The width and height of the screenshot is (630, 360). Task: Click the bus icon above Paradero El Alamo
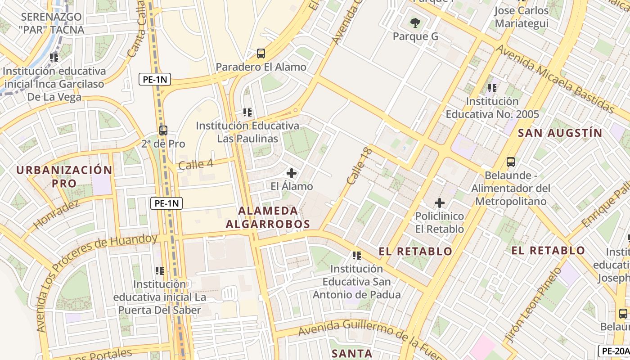(x=261, y=54)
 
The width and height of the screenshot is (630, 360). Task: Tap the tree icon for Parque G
(x=415, y=22)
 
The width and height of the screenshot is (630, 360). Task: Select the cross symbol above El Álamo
(x=292, y=173)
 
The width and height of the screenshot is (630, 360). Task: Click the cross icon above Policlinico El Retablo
(x=440, y=203)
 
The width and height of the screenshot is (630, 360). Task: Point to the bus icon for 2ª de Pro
(x=163, y=130)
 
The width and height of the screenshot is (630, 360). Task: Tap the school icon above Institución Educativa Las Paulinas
(x=247, y=112)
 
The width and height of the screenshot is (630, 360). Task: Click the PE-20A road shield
(x=614, y=351)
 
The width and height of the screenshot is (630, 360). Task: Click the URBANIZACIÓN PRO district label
(x=64, y=176)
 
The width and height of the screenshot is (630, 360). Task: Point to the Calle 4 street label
(x=196, y=164)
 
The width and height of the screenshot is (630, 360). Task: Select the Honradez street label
(x=56, y=213)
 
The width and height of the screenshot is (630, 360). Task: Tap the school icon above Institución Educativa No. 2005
(x=492, y=88)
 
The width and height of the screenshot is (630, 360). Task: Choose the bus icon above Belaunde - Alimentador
(x=511, y=162)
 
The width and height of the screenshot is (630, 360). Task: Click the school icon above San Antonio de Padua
(x=357, y=256)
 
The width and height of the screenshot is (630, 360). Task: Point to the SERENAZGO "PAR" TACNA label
(x=52, y=23)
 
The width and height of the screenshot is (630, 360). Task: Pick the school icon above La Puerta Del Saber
(x=159, y=271)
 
